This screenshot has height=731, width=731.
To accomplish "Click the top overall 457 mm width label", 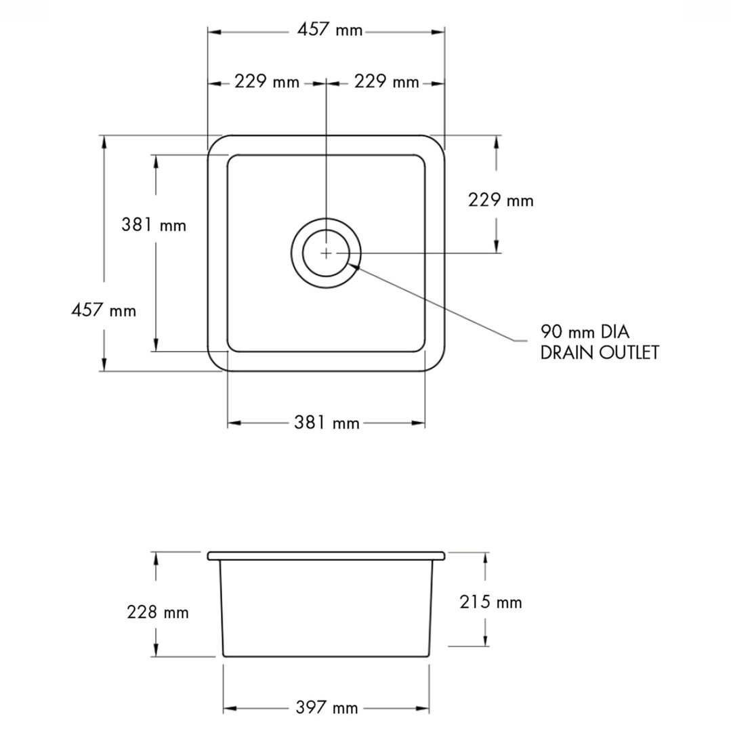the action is [x=330, y=30].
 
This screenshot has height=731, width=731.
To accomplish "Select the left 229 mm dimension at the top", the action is [x=267, y=82].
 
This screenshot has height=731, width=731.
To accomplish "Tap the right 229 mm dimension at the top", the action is [x=386, y=82].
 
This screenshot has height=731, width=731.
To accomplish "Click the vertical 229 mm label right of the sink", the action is [x=501, y=201].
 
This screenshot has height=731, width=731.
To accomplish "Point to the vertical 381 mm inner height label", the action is [x=154, y=225].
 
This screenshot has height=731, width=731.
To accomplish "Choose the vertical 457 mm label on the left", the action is [x=104, y=310].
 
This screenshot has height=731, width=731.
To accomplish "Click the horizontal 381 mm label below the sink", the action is [x=327, y=423].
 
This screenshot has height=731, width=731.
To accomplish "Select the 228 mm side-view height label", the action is [x=158, y=612].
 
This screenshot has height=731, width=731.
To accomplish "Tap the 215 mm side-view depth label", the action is [x=490, y=602].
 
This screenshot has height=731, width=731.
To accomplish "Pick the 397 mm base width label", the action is [x=327, y=708].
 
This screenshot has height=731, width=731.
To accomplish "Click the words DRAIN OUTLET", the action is [x=600, y=352].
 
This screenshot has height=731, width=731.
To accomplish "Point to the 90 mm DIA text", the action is [x=585, y=332].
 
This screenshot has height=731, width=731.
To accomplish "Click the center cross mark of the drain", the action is [x=327, y=253].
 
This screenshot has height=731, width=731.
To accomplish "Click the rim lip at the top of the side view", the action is [x=326, y=556].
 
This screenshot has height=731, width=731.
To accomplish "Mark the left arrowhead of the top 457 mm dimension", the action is [x=214, y=32].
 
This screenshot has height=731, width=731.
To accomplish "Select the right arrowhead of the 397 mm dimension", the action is [x=422, y=709].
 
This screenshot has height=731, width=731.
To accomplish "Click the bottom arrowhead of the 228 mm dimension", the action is [x=156, y=650].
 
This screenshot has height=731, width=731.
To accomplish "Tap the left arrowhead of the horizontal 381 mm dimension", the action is [x=234, y=423].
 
